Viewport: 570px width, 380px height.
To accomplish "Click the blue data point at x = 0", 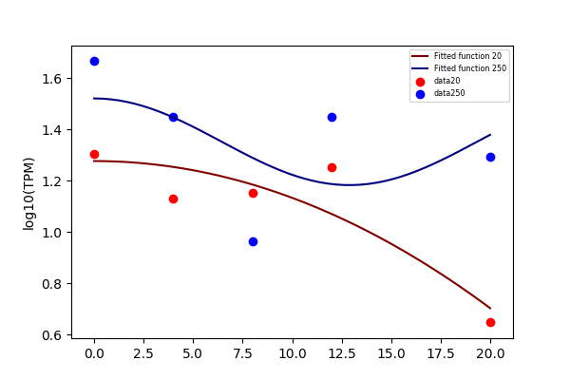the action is [x=94, y=61].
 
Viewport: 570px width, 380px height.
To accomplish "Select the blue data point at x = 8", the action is [x=253, y=242].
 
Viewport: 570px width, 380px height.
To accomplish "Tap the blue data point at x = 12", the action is [x=332, y=117].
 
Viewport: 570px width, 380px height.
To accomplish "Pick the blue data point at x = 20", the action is [x=490, y=157].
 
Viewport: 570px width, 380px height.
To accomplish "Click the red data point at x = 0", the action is [x=94, y=154].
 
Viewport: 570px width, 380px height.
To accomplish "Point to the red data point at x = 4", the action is [x=174, y=199].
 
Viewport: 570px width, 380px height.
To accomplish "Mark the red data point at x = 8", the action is [x=253, y=193].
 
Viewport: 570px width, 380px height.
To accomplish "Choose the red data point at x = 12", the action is [x=332, y=167].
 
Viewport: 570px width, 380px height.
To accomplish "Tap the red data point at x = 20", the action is [x=490, y=323].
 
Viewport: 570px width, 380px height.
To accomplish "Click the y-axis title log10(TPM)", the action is [x=28, y=194].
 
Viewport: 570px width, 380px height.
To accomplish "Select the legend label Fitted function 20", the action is [x=467, y=56].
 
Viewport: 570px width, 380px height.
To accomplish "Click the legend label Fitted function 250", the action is [x=470, y=68].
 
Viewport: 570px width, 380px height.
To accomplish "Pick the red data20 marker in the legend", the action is [x=420, y=82].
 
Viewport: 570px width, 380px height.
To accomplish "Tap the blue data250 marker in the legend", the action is [x=420, y=95].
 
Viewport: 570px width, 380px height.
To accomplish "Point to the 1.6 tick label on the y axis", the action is [x=51, y=79].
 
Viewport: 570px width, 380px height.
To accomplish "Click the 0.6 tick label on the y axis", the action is [x=51, y=335].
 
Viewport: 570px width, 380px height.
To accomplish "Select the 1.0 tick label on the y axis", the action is [x=51, y=233].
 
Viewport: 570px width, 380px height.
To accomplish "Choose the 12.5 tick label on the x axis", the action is [x=342, y=353].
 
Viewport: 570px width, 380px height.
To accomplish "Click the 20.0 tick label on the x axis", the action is [x=490, y=353].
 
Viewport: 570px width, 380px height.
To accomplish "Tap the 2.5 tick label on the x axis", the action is [x=143, y=353].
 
